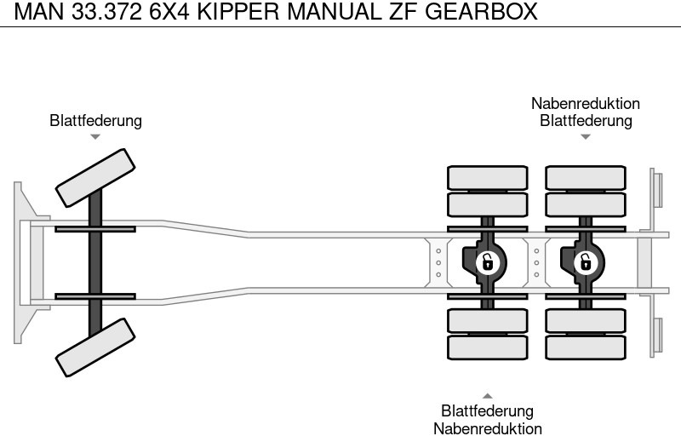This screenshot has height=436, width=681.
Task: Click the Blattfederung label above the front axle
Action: click(95, 121)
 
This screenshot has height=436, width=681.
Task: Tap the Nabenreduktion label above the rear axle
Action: click(586, 104)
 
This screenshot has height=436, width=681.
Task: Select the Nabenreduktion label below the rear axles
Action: click(488, 428)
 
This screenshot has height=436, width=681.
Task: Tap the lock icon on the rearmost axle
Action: click(585, 261)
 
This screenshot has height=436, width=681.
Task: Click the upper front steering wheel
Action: click(95, 178)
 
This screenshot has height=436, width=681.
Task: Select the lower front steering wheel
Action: click(95, 347)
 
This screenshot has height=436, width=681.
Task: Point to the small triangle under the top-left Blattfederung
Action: click(95, 136)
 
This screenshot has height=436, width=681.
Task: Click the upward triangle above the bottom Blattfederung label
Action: click(488, 396)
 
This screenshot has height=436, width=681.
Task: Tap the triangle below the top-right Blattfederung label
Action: click(586, 136)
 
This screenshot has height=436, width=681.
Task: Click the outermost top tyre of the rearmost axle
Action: click(585, 177)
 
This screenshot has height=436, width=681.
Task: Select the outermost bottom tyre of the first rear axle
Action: click(487, 347)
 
